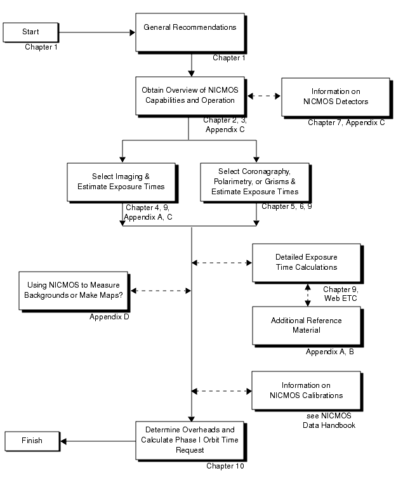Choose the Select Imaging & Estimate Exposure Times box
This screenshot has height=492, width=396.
pyautogui.click(x=120, y=182)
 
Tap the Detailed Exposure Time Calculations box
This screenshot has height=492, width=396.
pyautogui.click(x=306, y=262)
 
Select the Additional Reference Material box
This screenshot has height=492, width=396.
pyautogui.click(x=306, y=325)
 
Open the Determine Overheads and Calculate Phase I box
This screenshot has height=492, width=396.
pyautogui.click(x=190, y=439)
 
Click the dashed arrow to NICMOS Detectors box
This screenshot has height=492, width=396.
pyautogui.click(x=263, y=96)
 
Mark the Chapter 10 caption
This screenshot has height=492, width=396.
pyautogui.click(x=225, y=466)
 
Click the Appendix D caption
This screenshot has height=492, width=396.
pyautogui.click(x=110, y=316)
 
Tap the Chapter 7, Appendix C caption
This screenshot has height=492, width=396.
pyautogui.click(x=346, y=123)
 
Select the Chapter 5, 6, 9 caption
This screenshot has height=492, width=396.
pyautogui.click(x=287, y=206)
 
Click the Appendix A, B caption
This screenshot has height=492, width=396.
pyautogui.click(x=329, y=351)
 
